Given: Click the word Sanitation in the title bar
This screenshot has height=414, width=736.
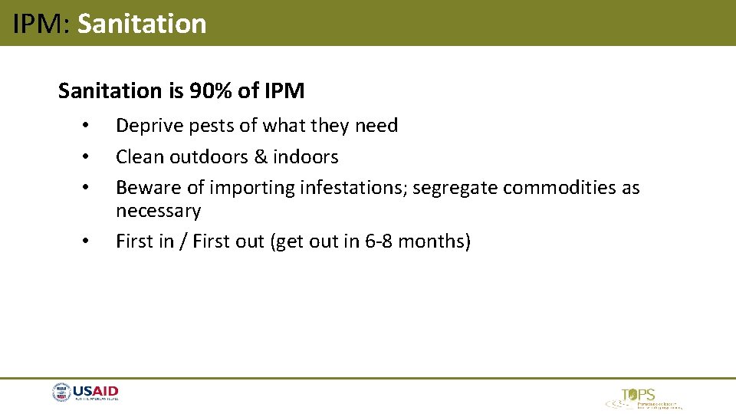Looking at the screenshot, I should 142,23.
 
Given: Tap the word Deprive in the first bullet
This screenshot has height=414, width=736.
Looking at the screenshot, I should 146,126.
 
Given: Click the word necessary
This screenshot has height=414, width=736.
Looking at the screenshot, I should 158,211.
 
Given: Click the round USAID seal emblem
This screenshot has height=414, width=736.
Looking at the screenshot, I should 61,393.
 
